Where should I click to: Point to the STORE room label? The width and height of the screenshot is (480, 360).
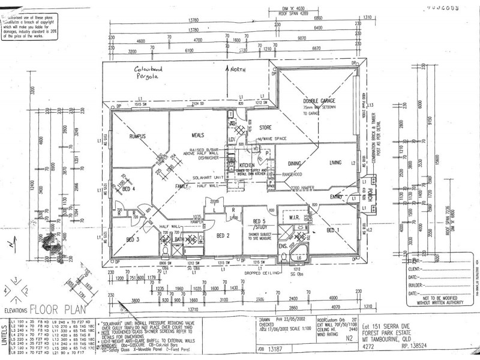coord(266,128)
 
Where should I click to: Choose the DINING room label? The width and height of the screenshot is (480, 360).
coord(295,163)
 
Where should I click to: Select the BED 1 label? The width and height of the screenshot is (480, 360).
coord(334,230)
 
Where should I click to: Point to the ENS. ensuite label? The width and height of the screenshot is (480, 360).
coord(283,245)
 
